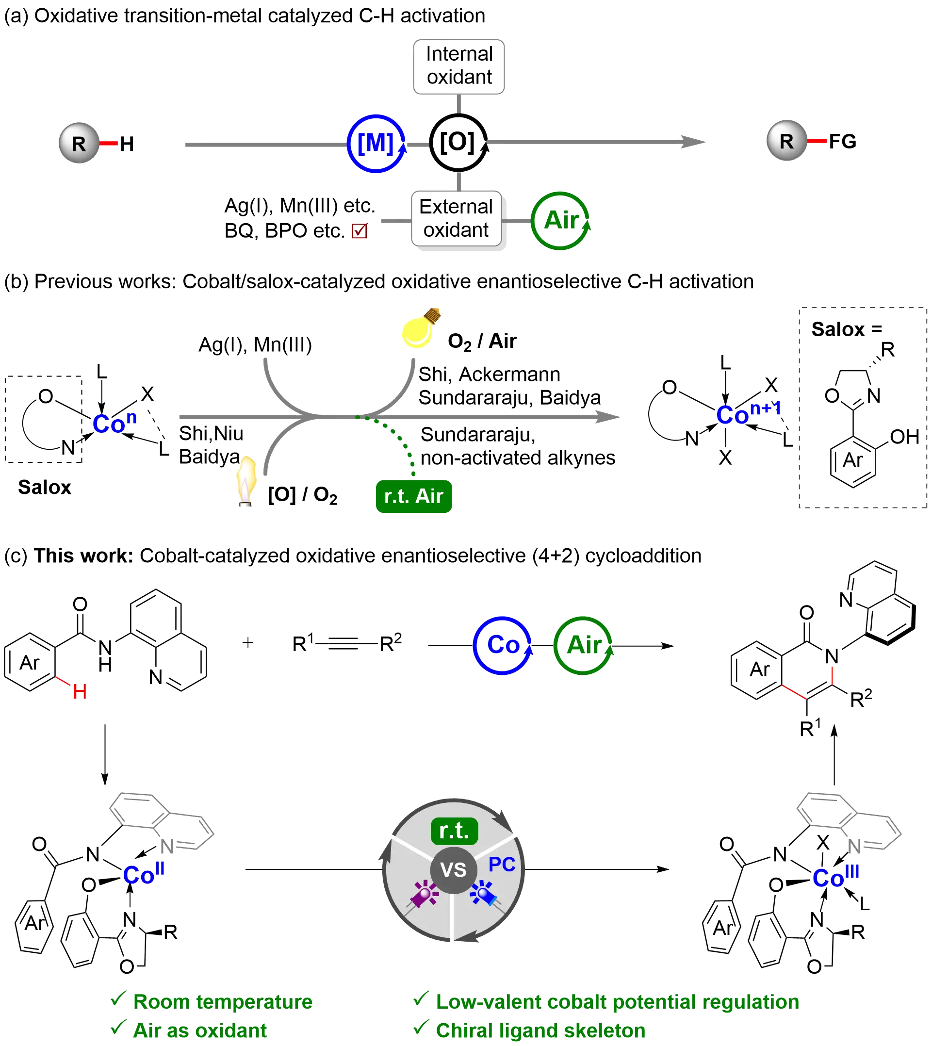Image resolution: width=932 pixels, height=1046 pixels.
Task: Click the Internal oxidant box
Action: point(459,67)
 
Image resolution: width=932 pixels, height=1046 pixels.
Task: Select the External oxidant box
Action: point(456,219)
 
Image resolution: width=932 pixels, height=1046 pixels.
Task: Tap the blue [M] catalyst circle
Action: point(376,143)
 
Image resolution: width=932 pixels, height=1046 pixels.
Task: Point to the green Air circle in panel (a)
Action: point(560,221)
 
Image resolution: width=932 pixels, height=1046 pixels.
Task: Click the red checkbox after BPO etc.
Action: point(359,231)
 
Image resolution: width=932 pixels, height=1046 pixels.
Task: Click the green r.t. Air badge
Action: point(414,496)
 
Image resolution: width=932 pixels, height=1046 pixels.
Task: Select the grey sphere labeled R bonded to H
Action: point(78,143)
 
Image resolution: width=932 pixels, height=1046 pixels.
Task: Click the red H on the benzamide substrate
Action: point(81,692)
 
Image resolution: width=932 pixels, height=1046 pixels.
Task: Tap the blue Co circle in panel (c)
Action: point(502,645)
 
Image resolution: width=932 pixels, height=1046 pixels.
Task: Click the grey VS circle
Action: point(453,870)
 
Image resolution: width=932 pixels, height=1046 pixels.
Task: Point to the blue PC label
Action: point(502,864)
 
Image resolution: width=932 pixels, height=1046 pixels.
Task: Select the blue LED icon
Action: point(483,894)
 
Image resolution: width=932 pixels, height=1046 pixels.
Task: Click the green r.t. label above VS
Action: point(454,831)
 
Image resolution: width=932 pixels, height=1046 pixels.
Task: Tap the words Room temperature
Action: point(223,1001)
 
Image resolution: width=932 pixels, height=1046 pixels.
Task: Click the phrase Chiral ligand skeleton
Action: point(541,1030)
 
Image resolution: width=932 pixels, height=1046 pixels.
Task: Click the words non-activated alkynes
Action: point(518,458)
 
